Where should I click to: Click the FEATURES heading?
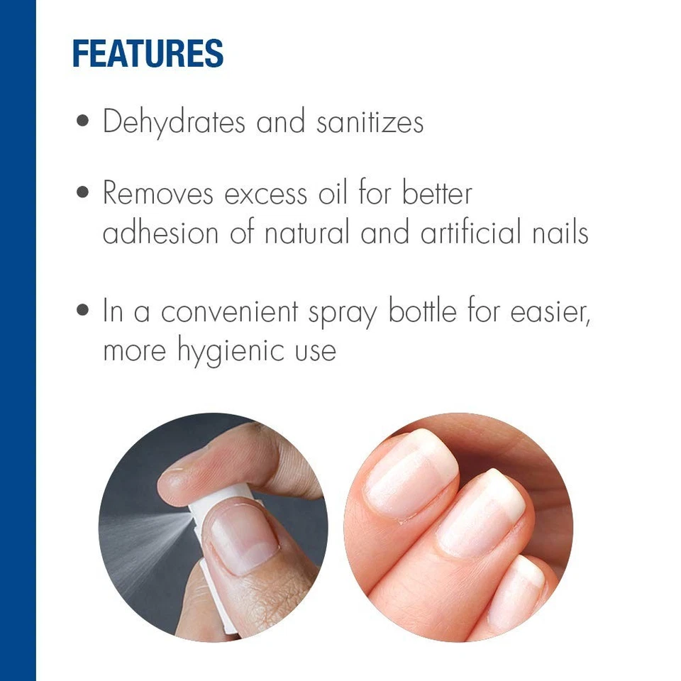pyautogui.click(x=148, y=54)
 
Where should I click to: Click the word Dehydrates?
pyautogui.click(x=175, y=122)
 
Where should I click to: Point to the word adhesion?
pyautogui.click(x=162, y=233)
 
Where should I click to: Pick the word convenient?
pyautogui.click(x=230, y=312)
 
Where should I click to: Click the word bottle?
pyautogui.click(x=423, y=311)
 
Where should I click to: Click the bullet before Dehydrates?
pyautogui.click(x=84, y=121)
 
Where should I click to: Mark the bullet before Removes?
pyautogui.click(x=84, y=192)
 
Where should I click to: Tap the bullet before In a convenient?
pyautogui.click(x=84, y=311)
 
